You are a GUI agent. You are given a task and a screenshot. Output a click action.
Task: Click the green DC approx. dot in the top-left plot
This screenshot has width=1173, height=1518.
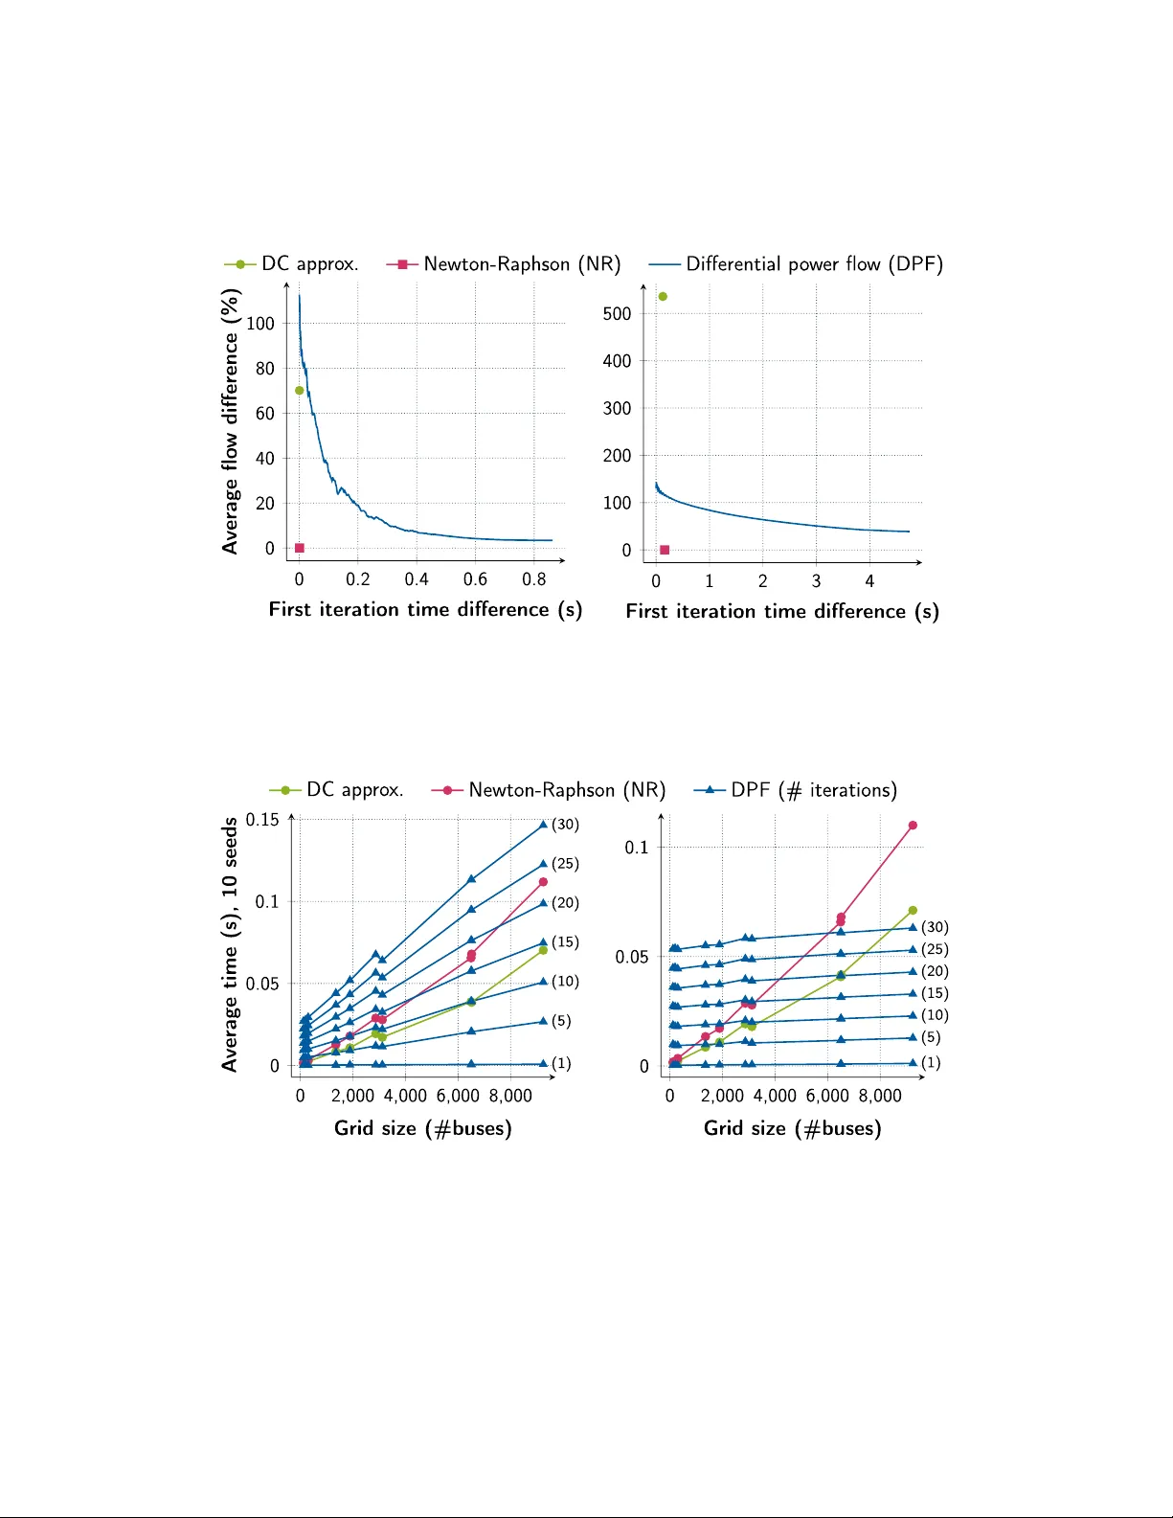pyautogui.click(x=300, y=391)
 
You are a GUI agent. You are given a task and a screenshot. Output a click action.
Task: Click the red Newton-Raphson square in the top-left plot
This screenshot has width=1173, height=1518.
pyautogui.click(x=300, y=548)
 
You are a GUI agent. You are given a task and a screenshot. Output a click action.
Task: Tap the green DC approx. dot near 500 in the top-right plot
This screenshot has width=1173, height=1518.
pyautogui.click(x=663, y=297)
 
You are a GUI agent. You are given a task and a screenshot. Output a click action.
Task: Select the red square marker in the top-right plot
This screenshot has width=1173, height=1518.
pyautogui.click(x=665, y=550)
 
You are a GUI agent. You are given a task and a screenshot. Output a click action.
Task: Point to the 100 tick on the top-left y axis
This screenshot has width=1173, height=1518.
pyautogui.click(x=260, y=324)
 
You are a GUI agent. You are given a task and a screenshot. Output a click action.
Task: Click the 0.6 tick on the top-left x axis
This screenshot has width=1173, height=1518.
pyautogui.click(x=475, y=579)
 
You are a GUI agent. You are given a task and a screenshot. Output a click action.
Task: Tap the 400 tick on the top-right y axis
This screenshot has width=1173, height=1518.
pyautogui.click(x=617, y=361)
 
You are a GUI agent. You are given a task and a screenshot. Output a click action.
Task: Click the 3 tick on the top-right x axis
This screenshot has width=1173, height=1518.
pyautogui.click(x=816, y=581)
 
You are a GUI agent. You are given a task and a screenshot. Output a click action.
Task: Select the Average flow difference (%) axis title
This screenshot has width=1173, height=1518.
pyautogui.click(x=230, y=422)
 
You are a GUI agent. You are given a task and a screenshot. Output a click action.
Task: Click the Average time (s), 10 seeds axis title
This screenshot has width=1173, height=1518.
pyautogui.click(x=230, y=944)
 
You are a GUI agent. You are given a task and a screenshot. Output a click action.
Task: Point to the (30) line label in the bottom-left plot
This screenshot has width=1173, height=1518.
pyautogui.click(x=565, y=825)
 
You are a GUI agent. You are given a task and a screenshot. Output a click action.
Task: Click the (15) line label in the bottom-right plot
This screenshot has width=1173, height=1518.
pyautogui.click(x=935, y=993)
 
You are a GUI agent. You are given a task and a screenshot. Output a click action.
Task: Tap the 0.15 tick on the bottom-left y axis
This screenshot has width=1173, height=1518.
pyautogui.click(x=262, y=820)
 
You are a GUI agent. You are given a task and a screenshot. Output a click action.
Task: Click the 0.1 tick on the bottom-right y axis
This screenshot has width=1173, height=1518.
pyautogui.click(x=637, y=848)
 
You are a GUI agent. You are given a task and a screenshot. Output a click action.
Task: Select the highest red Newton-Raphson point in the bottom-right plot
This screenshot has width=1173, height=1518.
pyautogui.click(x=913, y=826)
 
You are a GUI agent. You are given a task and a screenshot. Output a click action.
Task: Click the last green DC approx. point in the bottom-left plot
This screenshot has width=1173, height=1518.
pyautogui.click(x=543, y=950)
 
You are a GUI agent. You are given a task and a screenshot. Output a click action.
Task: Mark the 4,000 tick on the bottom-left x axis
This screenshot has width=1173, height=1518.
pyautogui.click(x=405, y=1096)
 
